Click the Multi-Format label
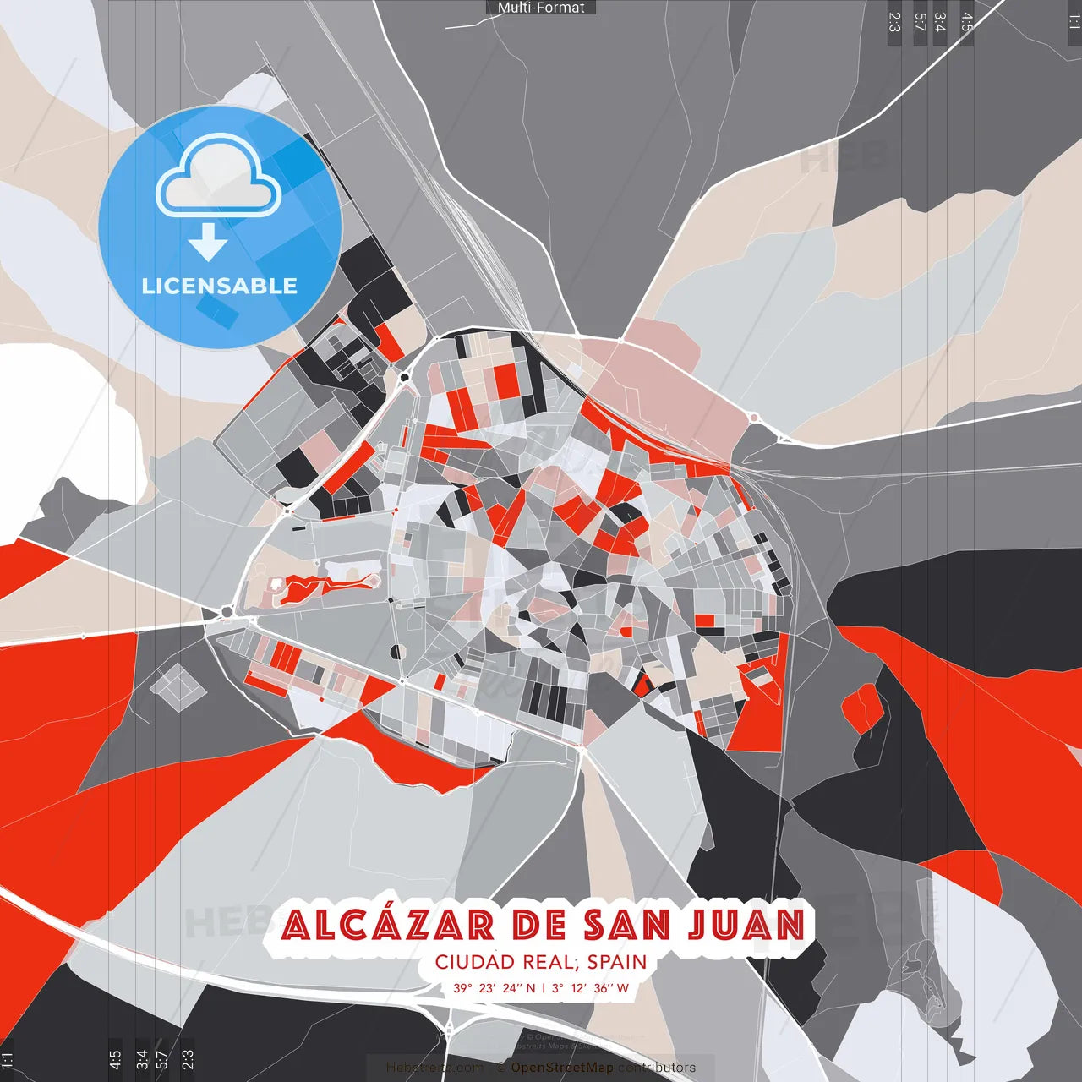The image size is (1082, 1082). click(x=541, y=8)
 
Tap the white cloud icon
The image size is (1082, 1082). click(x=219, y=179)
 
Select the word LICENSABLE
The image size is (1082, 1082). click(x=220, y=286)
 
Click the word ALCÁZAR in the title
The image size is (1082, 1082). click(x=388, y=925)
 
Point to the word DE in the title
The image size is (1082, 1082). click(x=539, y=925)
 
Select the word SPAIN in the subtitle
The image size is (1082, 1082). click(x=617, y=962)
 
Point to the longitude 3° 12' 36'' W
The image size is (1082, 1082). click(x=591, y=988)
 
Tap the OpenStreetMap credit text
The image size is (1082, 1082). click(x=562, y=1068)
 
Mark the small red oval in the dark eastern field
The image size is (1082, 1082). click(x=862, y=706)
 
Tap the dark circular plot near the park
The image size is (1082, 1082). click(x=396, y=652)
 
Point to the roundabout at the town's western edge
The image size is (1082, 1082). click(x=227, y=611)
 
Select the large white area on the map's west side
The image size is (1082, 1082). click(x=59, y=423)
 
